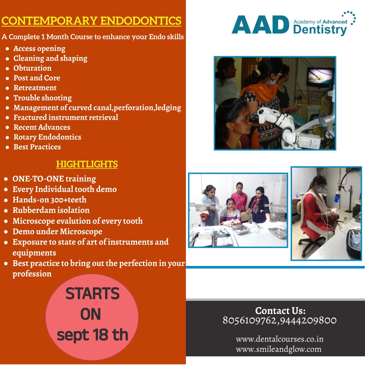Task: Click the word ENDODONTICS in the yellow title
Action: point(141,21)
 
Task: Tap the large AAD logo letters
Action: point(261,25)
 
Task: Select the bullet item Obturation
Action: point(32,68)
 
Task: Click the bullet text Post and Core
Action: point(37,78)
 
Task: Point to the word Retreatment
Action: point(35,88)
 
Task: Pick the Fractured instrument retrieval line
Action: point(66,117)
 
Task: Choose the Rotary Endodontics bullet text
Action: point(47,137)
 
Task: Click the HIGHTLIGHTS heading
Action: point(87,164)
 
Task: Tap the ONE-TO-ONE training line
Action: point(54,179)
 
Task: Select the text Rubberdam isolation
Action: point(51,210)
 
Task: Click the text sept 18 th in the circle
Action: point(92,335)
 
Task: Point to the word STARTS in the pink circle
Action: point(92,293)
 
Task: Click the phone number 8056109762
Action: point(249,320)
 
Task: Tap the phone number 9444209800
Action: point(308,320)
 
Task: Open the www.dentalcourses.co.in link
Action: point(279,339)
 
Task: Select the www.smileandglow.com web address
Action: point(278,349)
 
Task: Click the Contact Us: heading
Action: point(280,311)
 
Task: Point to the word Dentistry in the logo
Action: point(320,30)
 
